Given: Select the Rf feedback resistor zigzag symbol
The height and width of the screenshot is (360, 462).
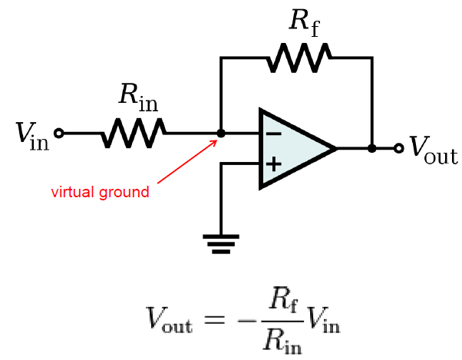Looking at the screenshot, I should [299, 58].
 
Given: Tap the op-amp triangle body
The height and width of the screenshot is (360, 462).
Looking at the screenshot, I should [292, 149].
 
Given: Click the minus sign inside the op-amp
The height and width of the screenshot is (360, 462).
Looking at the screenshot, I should [273, 134].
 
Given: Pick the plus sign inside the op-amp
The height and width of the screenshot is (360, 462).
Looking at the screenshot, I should [273, 164].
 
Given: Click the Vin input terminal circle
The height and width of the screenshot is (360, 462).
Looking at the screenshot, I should [59, 133].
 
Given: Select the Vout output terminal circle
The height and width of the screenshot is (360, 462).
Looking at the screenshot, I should [398, 148].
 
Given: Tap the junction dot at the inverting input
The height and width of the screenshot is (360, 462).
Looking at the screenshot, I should [221, 133].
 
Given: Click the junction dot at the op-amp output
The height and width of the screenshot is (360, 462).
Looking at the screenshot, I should [372, 148].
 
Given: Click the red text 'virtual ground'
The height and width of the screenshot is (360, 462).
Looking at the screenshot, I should [100, 192].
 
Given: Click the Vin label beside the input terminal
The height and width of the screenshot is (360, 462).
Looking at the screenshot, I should [31, 136].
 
